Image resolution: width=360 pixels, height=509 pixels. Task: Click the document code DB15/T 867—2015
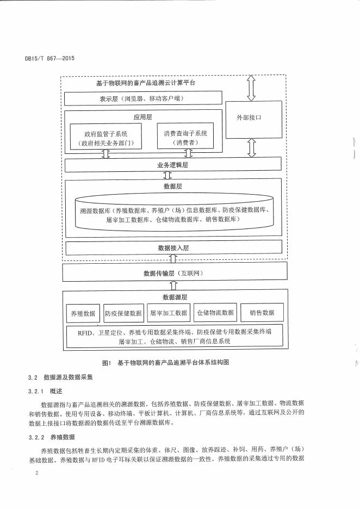pyautogui.click(x=50, y=59)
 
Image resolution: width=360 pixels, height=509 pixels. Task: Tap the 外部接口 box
pyautogui.click(x=251, y=117)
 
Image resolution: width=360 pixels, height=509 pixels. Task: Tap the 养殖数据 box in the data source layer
pyautogui.click(x=83, y=313)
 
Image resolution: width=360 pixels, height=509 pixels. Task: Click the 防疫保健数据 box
pyautogui.click(x=123, y=313)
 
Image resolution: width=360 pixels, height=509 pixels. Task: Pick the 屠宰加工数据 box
pyautogui.click(x=168, y=313)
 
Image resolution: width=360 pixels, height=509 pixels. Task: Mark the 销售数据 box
pyautogui.click(x=262, y=313)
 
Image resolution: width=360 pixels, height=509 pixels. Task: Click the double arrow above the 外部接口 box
pyautogui.click(x=251, y=88)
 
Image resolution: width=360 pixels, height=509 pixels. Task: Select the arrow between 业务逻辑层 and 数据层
pyautogui.click(x=167, y=175)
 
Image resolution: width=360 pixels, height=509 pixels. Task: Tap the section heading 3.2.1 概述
pyautogui.click(x=46, y=390)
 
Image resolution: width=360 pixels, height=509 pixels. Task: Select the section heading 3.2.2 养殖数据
pyautogui.click(x=50, y=436)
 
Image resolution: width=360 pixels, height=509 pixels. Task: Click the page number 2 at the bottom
pyautogui.click(x=36, y=473)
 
